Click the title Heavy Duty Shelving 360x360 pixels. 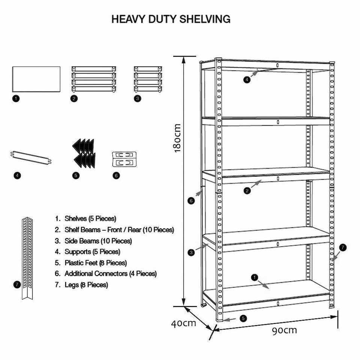point(171,19)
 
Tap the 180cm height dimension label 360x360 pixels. point(177,138)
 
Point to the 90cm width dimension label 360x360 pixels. point(284,330)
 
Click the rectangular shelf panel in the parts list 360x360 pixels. point(36,79)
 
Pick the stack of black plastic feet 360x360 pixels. point(84,153)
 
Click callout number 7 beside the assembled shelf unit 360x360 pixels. point(343,247)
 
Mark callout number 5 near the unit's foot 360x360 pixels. point(243,318)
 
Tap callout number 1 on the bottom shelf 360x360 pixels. point(255,277)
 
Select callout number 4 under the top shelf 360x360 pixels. point(246,79)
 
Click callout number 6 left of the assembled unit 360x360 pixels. point(191,201)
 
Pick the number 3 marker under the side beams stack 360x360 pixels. point(138,99)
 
